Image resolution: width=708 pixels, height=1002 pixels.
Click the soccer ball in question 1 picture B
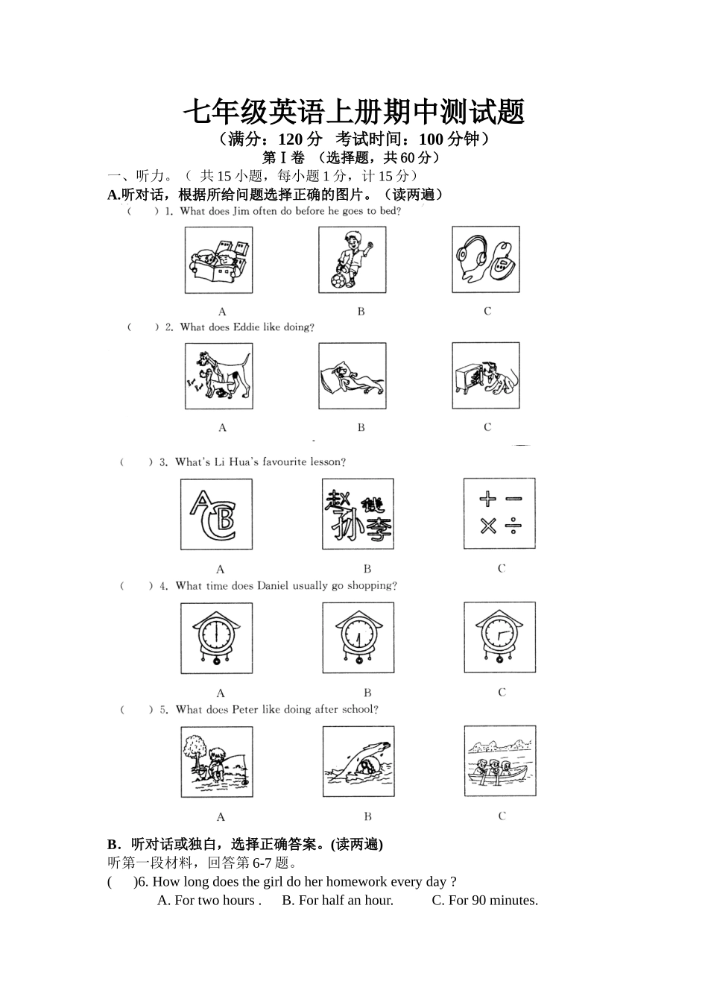point(338,281)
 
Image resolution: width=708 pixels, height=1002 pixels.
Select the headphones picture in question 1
point(486,260)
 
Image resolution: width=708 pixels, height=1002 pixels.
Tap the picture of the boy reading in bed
point(218,260)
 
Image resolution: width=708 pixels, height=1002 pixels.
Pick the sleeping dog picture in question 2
point(352,376)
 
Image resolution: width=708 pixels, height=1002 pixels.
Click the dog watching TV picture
point(486,376)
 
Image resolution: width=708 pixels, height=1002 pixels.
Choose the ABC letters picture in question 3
point(216,514)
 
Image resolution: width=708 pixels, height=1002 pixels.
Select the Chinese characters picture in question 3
point(358,514)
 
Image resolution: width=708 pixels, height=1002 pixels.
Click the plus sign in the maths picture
point(487,500)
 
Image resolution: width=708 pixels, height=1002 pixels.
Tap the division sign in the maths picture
point(513,527)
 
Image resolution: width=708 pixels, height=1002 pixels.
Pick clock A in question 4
point(216,638)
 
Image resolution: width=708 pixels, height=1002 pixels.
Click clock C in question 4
point(499,638)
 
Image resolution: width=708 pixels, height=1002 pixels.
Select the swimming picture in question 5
point(358,762)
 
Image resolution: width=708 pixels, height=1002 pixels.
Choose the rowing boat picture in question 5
point(499,762)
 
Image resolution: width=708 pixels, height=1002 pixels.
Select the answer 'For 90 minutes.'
point(484,900)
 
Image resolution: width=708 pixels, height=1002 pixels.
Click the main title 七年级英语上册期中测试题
point(354,112)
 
